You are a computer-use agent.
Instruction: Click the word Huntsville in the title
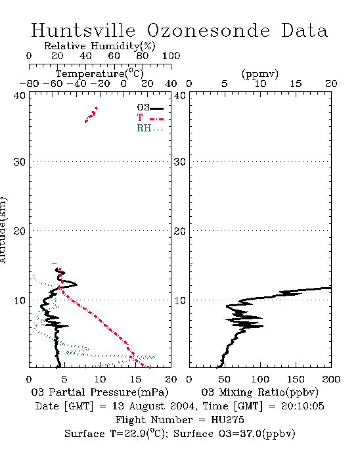tap(83, 30)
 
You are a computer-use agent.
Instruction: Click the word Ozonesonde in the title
tap(208, 30)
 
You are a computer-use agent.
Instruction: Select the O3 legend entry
tap(150, 108)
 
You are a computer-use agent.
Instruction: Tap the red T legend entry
tap(150, 118)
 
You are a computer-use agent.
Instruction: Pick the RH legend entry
tap(150, 128)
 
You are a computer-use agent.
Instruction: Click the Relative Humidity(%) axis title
tap(100, 46)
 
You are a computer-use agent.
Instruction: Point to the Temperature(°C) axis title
tap(100, 74)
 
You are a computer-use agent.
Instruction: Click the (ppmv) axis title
tap(260, 74)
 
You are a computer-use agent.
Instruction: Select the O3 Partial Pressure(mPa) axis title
tap(100, 392)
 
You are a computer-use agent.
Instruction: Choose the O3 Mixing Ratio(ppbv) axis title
tap(259, 392)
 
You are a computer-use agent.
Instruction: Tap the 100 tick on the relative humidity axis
tap(171, 56)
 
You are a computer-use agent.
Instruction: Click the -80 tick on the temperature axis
tap(29, 83)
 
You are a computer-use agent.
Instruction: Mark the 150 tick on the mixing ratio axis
tap(296, 379)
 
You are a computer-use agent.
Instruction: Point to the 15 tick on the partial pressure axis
tap(135, 379)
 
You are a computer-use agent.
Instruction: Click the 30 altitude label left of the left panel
tap(19, 162)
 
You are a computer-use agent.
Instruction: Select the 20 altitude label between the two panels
tap(180, 231)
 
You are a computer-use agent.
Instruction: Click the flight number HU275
tap(227, 420)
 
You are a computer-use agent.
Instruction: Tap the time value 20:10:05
tap(303, 406)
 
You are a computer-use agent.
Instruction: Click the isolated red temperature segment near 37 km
tap(91, 115)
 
